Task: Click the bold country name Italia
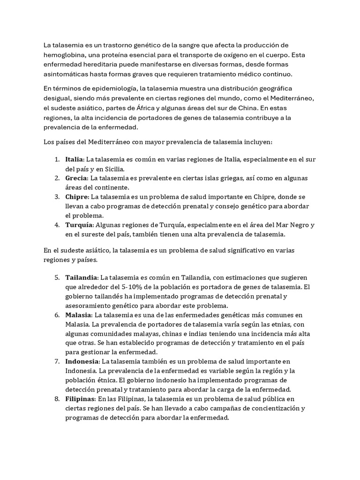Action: click(x=74, y=159)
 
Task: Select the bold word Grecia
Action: click(x=76, y=178)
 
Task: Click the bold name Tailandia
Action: click(x=82, y=277)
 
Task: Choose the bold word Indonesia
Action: click(x=82, y=361)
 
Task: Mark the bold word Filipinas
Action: click(x=80, y=398)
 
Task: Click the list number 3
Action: click(x=56, y=197)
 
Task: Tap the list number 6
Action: click(x=56, y=315)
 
